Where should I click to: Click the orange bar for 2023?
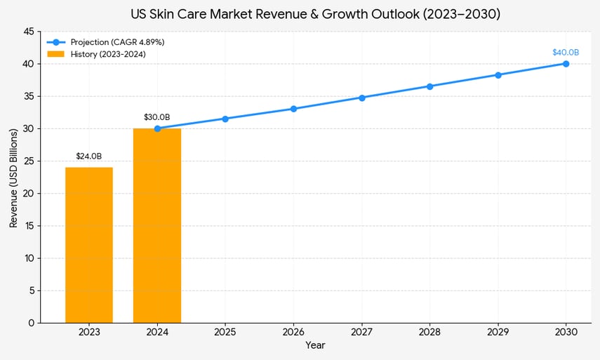click(x=89, y=245)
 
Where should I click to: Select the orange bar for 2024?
click(x=157, y=225)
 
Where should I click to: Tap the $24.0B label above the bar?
click(x=89, y=156)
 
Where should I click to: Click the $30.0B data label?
click(x=157, y=117)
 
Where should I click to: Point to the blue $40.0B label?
click(x=566, y=53)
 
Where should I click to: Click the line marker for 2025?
click(x=225, y=119)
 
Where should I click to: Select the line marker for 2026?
click(x=293, y=109)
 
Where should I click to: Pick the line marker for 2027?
click(x=361, y=98)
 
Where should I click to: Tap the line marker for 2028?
click(x=429, y=86)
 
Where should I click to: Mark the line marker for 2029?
click(x=498, y=75)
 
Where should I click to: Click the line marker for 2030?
click(x=566, y=64)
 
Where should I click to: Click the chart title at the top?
click(x=315, y=14)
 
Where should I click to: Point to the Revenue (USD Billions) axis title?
click(x=13, y=178)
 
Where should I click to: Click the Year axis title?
click(x=315, y=345)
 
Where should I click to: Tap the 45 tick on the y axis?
click(x=28, y=32)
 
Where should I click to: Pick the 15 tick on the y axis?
click(x=28, y=226)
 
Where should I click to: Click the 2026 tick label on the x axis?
click(x=293, y=331)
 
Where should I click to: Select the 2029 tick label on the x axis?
click(x=498, y=331)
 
